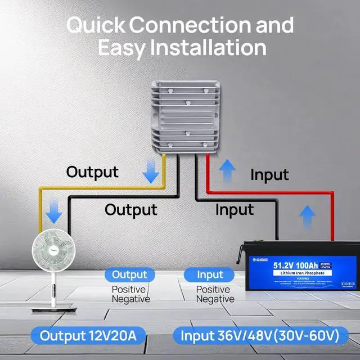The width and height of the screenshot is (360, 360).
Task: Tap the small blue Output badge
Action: point(129,275)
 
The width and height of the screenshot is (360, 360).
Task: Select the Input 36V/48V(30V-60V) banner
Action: point(259,336)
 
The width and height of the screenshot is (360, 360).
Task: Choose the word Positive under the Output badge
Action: point(128,290)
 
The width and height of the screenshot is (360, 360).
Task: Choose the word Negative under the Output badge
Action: point(130,299)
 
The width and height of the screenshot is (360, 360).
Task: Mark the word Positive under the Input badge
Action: point(212,290)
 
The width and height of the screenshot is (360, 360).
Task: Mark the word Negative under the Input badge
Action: point(214,299)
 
